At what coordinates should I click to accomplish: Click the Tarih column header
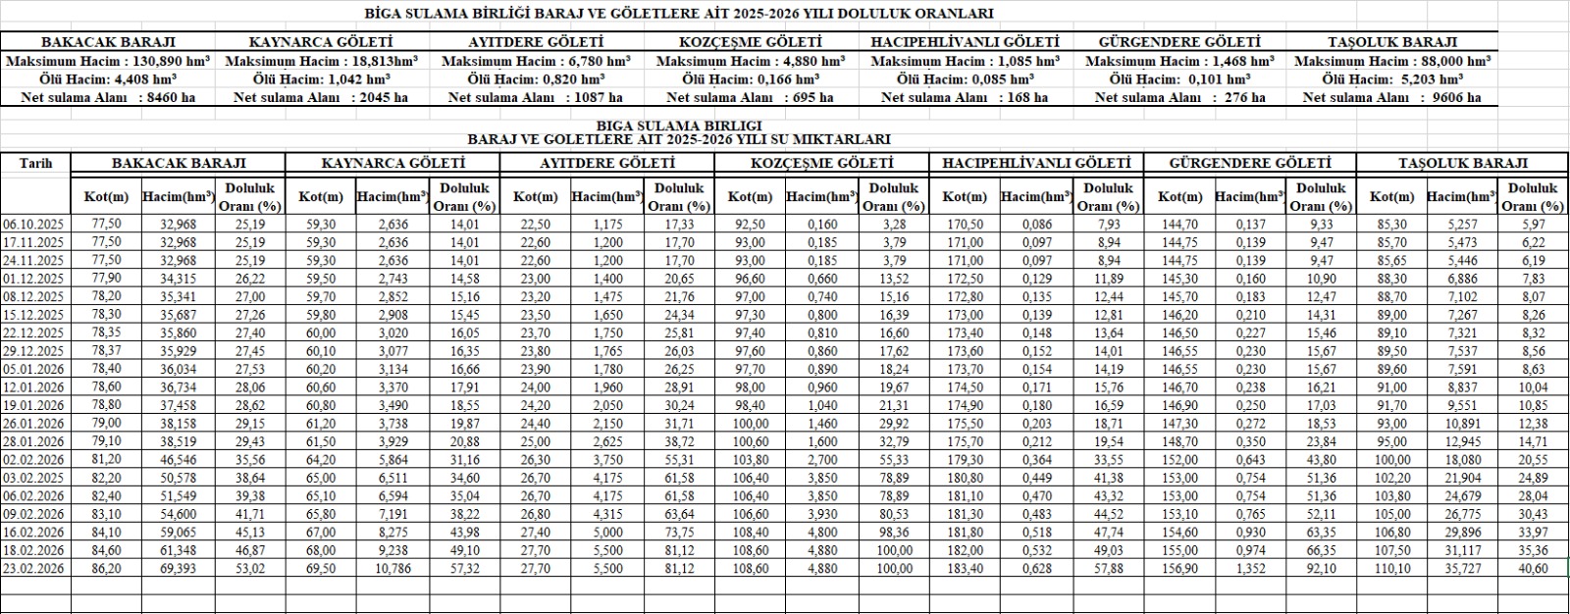(x=35, y=164)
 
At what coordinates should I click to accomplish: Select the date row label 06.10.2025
(x=34, y=225)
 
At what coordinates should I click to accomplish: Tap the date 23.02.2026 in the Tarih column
(x=34, y=568)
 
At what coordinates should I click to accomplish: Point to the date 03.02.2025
(x=34, y=478)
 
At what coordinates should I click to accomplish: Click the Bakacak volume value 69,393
(x=178, y=568)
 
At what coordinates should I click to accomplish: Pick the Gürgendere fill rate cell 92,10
(x=1322, y=568)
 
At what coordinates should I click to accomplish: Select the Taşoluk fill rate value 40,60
(x=1532, y=568)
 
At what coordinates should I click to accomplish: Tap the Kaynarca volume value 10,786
(x=392, y=568)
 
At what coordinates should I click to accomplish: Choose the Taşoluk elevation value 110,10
(x=1391, y=568)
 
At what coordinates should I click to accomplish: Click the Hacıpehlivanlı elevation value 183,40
(x=965, y=568)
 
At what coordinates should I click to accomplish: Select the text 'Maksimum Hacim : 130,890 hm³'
(x=108, y=61)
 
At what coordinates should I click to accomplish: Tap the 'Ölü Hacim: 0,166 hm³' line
(x=750, y=79)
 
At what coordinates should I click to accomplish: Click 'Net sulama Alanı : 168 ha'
(x=964, y=97)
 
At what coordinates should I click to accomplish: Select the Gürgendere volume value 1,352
(x=1250, y=568)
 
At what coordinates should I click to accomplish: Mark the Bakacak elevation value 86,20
(x=106, y=568)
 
